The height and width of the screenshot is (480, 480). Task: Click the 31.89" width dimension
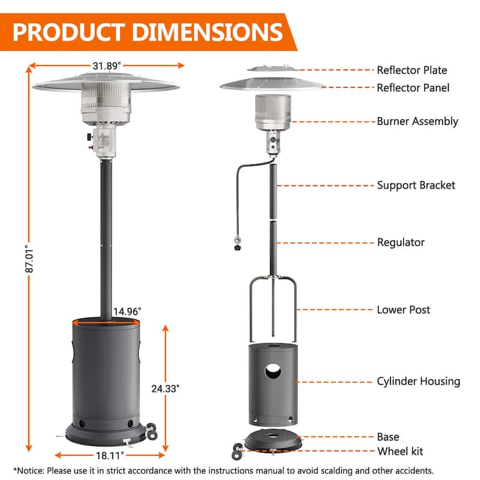(107, 66)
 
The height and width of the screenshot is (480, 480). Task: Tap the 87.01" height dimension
(29, 259)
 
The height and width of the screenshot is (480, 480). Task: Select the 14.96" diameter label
(127, 311)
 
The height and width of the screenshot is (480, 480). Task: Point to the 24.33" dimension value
(166, 388)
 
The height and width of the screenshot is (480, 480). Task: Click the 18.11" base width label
(110, 455)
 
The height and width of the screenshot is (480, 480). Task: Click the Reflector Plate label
(412, 70)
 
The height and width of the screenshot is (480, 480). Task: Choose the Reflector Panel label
(413, 88)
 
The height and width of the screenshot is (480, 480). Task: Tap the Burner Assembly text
(417, 122)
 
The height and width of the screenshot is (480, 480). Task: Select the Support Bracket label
(416, 185)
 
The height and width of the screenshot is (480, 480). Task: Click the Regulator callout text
(401, 242)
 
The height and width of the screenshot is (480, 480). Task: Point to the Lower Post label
(403, 310)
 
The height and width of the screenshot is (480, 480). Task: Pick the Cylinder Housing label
(418, 382)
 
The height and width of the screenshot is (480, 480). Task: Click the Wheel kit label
(400, 451)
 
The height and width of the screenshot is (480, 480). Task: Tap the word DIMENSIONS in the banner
(208, 32)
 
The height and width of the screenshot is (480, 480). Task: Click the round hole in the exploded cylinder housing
(273, 371)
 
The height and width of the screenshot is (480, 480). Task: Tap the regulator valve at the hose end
(237, 244)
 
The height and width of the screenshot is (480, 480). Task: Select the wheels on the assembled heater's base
(152, 431)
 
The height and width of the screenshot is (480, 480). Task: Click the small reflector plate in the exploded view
(273, 68)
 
